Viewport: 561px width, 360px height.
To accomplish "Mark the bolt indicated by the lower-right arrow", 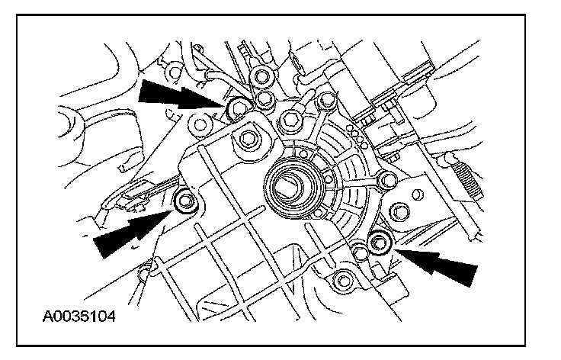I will (x=379, y=243).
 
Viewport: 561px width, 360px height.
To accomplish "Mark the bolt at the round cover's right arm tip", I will (x=387, y=180).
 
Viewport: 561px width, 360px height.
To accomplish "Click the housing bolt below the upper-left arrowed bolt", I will (x=248, y=139).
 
